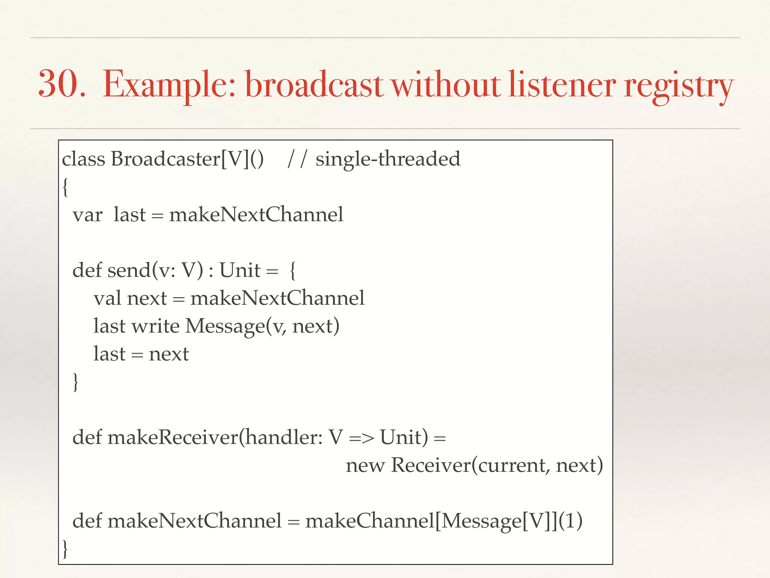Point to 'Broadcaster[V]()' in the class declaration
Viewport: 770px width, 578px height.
pos(187,159)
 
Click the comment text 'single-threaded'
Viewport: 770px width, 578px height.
pos(388,159)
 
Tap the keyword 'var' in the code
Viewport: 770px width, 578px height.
pos(87,215)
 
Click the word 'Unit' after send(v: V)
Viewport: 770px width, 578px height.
pos(239,270)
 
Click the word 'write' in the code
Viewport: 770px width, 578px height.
pos(155,326)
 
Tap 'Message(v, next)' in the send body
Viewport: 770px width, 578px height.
pos(262,326)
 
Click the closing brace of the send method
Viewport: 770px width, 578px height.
pos(76,382)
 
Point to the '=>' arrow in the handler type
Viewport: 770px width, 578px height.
pos(361,438)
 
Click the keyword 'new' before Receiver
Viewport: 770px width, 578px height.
pos(365,466)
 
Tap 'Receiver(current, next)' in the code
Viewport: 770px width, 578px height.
pos(497,465)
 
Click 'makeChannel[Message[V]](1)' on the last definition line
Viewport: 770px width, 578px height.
pos(444,521)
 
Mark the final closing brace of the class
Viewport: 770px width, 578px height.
pos(65,549)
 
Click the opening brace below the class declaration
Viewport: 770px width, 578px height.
pos(65,187)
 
